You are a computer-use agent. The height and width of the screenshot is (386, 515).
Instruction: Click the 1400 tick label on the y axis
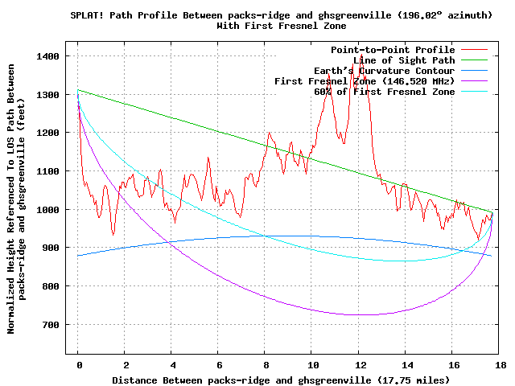[48, 56]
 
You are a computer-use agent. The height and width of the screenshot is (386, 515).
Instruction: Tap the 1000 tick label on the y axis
[48, 209]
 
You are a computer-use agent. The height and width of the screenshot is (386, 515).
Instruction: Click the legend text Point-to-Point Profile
[393, 50]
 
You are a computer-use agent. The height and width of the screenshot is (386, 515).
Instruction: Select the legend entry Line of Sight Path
[404, 60]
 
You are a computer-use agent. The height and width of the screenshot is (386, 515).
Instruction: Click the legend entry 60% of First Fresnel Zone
[384, 92]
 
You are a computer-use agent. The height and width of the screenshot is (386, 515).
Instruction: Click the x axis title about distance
[281, 379]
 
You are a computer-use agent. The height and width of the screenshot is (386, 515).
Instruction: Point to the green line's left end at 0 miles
[79, 90]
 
